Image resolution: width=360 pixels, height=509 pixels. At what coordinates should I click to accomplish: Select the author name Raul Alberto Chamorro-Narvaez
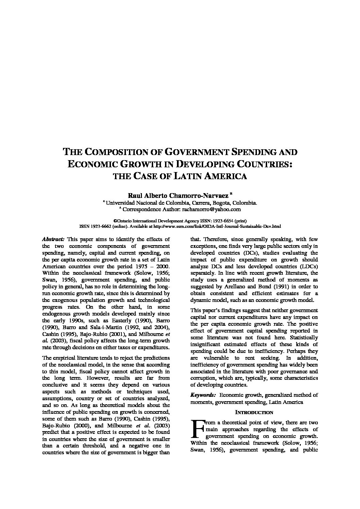pos(178,196)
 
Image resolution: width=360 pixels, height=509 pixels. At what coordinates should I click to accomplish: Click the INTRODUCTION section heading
pos(254,412)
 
